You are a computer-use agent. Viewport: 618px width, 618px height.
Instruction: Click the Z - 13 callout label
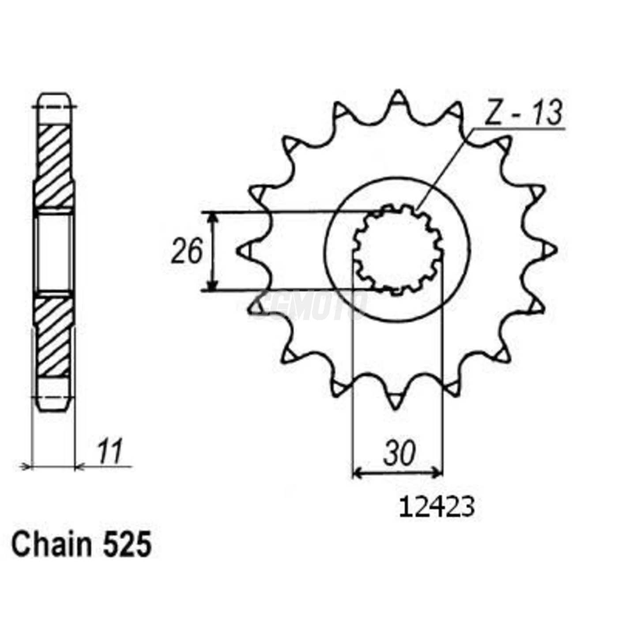pyautogui.click(x=524, y=113)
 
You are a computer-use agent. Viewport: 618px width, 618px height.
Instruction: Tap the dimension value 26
pyautogui.click(x=187, y=251)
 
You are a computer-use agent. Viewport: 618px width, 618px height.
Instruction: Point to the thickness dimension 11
pyautogui.click(x=109, y=452)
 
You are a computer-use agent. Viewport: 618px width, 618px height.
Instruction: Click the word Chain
pyautogui.click(x=51, y=545)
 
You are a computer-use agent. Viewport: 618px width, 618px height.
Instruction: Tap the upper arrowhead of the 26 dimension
pyautogui.click(x=213, y=216)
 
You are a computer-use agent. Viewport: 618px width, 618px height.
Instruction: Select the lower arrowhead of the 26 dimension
pyautogui.click(x=213, y=286)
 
